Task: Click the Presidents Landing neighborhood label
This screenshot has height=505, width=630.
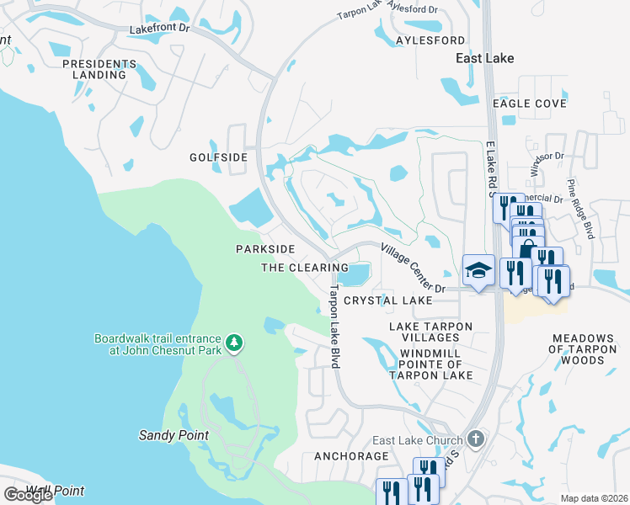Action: coord(93,69)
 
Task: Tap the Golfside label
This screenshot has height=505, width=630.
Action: coord(218,157)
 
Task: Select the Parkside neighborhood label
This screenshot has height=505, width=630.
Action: coord(264,249)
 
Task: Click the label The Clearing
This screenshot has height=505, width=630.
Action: coord(305,268)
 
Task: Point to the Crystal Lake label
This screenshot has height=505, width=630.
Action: coord(387,300)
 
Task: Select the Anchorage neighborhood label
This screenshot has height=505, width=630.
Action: coord(351,456)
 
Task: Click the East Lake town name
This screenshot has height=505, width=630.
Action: coord(484,58)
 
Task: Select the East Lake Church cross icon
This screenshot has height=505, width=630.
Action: coord(476,439)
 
